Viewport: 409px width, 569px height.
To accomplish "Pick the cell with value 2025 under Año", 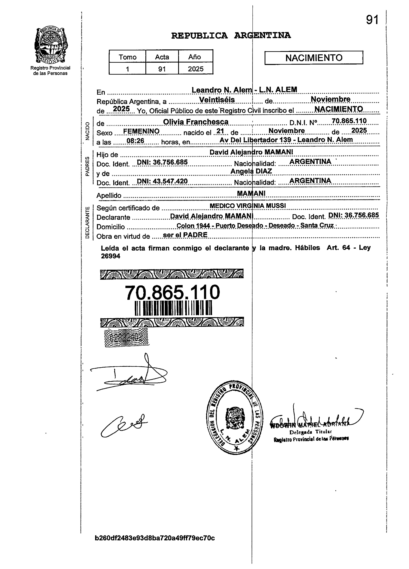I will pyautogui.click(x=196, y=69).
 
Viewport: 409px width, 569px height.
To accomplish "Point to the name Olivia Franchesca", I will pyautogui.click(x=196, y=122).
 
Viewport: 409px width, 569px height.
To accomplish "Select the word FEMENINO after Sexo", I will pyautogui.click(x=141, y=131).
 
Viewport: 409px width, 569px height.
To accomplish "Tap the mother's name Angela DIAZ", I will pyautogui.click(x=251, y=171).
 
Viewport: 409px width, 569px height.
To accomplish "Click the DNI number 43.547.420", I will pyautogui.click(x=162, y=181).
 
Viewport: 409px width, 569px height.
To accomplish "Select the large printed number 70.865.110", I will pyautogui.click(x=172, y=292).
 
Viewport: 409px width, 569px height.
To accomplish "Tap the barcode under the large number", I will pyautogui.click(x=173, y=308).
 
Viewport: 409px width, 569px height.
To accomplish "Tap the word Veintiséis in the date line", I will pyautogui.click(x=217, y=100).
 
